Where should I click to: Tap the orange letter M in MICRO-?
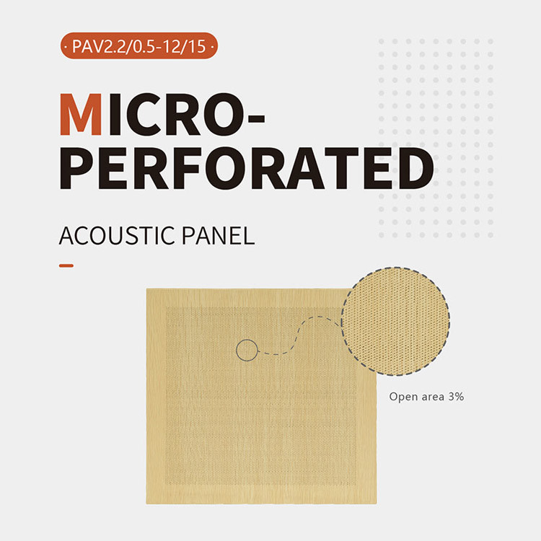coord(80,115)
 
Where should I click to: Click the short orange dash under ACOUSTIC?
coord(66,265)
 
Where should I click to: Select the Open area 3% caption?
coord(426,396)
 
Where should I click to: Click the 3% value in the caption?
coord(454,396)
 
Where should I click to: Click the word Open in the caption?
coord(403,397)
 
